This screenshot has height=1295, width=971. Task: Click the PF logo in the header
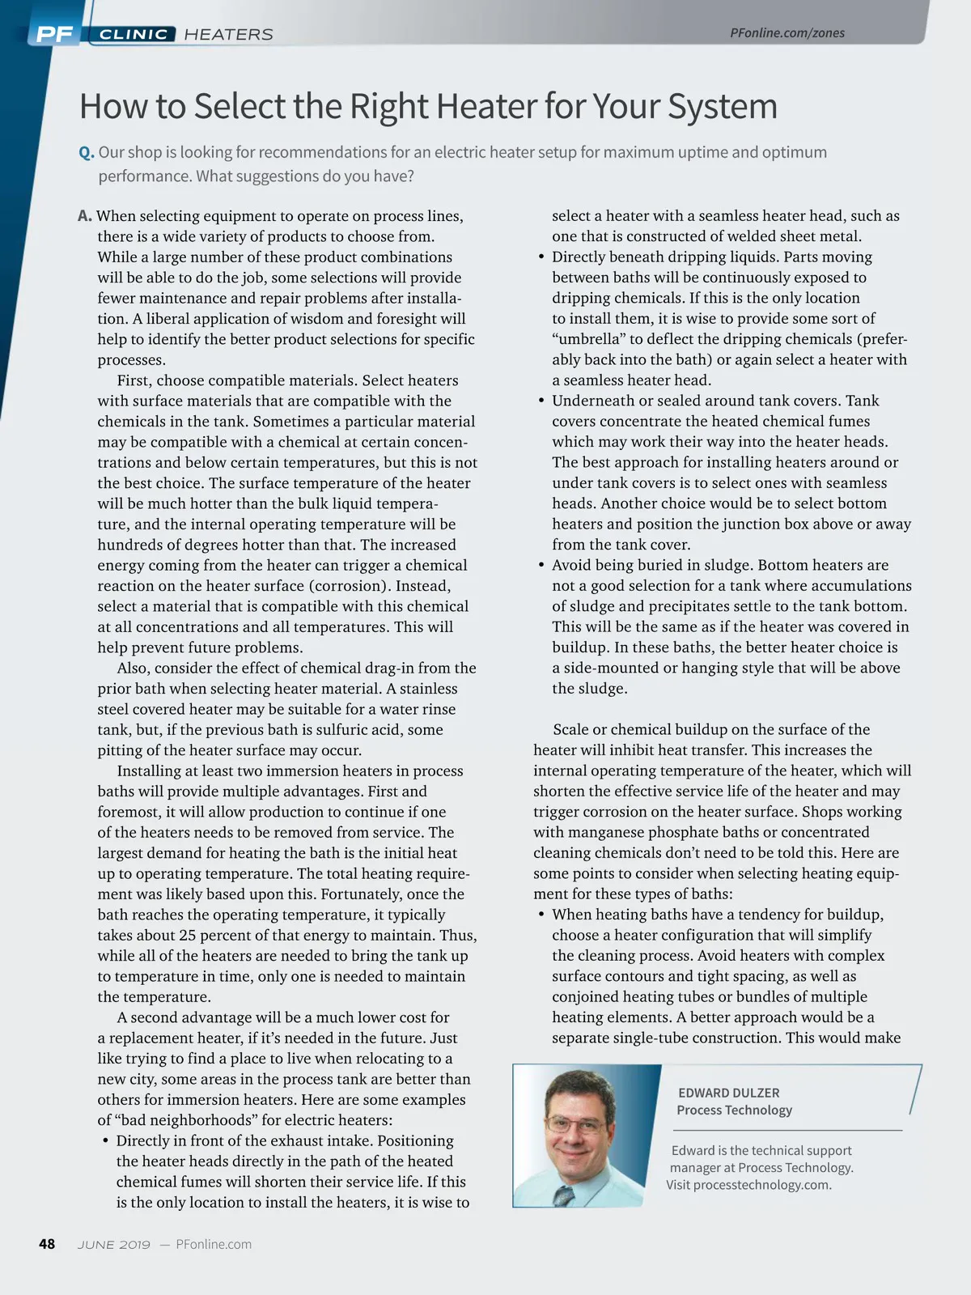pos(54,34)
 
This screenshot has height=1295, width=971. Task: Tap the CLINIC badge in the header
pos(134,34)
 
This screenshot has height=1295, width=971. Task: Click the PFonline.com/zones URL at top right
pos(787,33)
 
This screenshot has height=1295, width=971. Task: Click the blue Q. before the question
pos(87,152)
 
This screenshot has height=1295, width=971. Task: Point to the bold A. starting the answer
pos(85,216)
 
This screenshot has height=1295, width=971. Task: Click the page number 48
pos(47,1244)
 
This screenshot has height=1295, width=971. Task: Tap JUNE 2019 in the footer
pos(114,1245)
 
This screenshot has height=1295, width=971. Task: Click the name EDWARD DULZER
pos(728,1093)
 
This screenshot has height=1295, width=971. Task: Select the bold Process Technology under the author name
pos(734,1110)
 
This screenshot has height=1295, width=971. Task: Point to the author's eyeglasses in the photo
pos(575,1124)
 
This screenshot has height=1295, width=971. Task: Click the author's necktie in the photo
pos(564,1195)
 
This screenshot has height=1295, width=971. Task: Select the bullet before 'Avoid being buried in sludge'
pos(541,566)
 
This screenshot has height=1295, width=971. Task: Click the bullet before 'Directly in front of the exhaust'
pos(105,1141)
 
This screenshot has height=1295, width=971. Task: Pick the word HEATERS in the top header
pos(228,34)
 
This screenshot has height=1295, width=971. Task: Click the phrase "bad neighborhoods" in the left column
pos(184,1120)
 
